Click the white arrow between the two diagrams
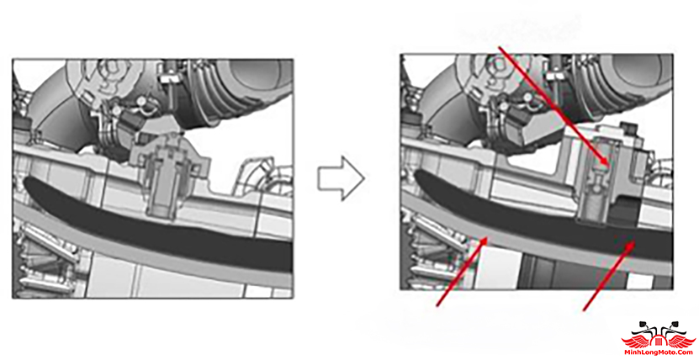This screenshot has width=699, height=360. [x=341, y=177]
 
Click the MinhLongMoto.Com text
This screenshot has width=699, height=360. [x=659, y=354]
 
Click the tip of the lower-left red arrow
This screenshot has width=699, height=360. [x=488, y=238]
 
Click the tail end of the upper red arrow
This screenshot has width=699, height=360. [x=500, y=46]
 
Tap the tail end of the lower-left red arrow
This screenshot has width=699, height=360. [x=437, y=305]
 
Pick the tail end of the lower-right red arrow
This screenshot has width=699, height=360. [x=585, y=310]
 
